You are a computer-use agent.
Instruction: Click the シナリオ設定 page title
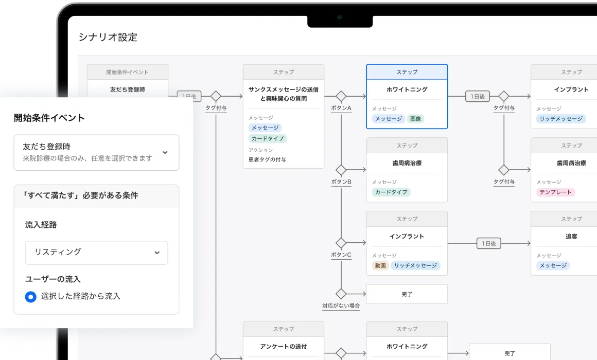tap(108, 38)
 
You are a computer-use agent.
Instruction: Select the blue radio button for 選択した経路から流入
tap(31, 296)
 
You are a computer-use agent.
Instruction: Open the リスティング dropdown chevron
tap(157, 253)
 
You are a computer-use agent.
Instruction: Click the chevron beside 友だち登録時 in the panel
tap(165, 153)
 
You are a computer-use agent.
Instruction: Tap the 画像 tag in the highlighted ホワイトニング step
tap(415, 119)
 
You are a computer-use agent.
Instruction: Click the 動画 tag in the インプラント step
tap(380, 265)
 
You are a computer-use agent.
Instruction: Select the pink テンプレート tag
tap(555, 192)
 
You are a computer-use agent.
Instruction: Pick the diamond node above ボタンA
tap(341, 96)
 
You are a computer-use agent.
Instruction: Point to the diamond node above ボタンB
tap(341, 170)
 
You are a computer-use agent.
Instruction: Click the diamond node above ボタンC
tap(341, 243)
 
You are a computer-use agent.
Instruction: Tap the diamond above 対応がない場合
tap(341, 294)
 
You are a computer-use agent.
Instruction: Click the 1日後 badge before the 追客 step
tap(489, 243)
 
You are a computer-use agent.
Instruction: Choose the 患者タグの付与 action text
tap(267, 159)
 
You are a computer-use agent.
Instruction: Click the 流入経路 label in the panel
tap(41, 225)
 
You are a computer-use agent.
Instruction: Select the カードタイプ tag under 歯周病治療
tap(391, 192)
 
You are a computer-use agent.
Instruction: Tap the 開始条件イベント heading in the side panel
tap(49, 118)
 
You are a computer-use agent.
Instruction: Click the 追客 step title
tap(571, 237)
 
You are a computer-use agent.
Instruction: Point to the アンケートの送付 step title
tap(283, 346)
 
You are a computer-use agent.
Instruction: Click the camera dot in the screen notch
tap(340, 17)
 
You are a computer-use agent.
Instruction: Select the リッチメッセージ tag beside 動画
tap(415, 265)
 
